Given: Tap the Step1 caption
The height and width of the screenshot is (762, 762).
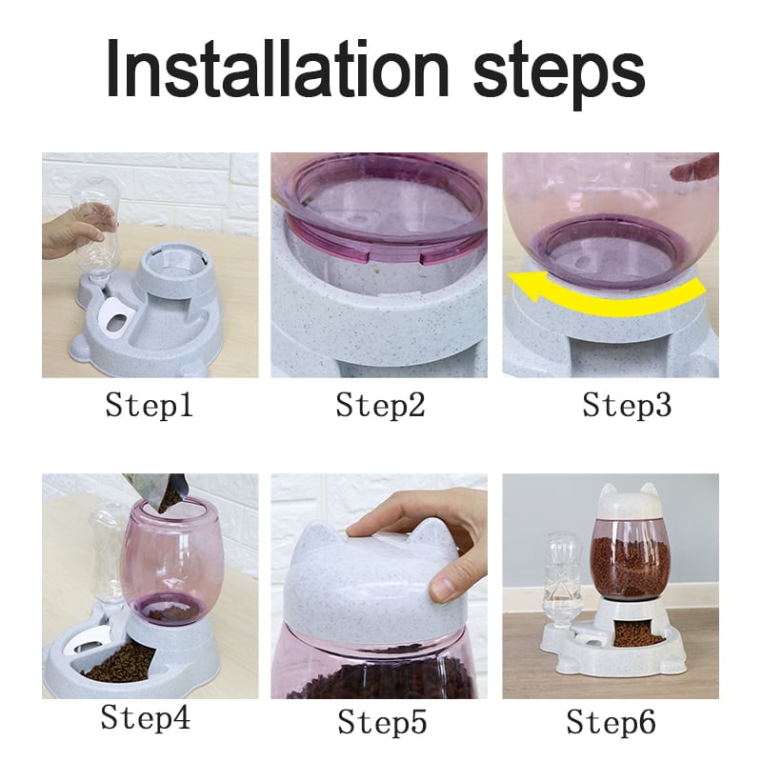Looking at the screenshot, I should (150, 406).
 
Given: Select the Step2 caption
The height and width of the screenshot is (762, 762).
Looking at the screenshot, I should (379, 406).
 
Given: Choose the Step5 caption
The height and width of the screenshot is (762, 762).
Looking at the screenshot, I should (380, 722).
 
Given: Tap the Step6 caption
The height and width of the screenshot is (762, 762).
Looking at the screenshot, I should (612, 722).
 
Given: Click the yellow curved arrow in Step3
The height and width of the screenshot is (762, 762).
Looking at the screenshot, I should (610, 286).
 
